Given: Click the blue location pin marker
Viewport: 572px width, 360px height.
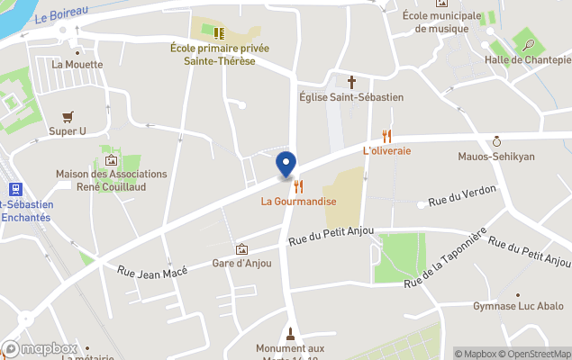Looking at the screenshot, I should point(286,165).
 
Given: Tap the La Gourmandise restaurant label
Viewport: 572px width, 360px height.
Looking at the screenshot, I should point(298,201).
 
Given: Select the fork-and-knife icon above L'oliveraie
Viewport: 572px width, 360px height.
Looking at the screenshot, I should point(387,136).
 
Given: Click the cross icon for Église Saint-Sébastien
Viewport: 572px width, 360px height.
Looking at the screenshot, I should point(351,81).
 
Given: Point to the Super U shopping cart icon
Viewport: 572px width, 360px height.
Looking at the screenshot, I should point(67,117).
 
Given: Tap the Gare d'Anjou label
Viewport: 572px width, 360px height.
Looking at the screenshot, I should point(241,263).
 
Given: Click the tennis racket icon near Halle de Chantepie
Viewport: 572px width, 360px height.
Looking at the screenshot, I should point(524,42).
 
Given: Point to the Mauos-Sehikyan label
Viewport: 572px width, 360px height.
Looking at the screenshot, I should point(496,156).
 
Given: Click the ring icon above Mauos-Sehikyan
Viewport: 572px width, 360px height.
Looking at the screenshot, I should point(496,141).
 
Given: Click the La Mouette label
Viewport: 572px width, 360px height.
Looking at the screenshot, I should point(77,65).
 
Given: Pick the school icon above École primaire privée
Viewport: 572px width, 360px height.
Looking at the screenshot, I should point(218,33).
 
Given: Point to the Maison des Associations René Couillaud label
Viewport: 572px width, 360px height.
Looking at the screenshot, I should point(111,180).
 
